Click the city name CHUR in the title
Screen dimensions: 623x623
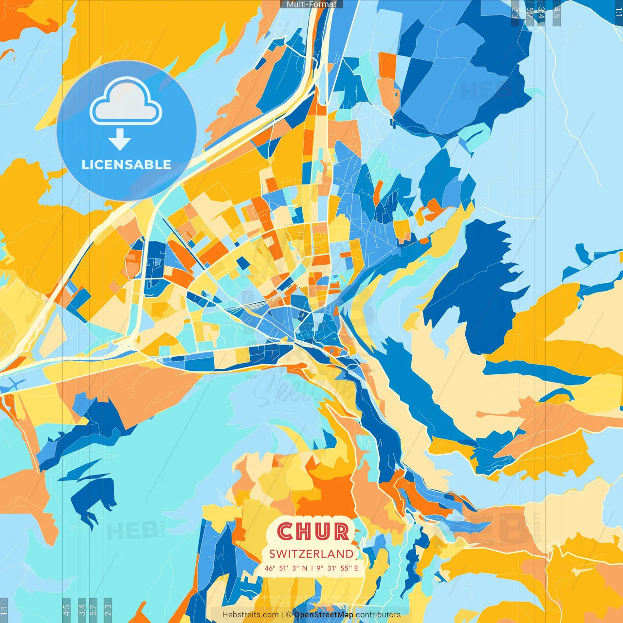pyautogui.click(x=313, y=531)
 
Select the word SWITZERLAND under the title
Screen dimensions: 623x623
pyautogui.click(x=311, y=554)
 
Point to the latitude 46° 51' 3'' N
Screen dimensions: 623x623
pyautogui.click(x=286, y=568)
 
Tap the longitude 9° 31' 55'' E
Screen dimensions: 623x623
pyautogui.click(x=337, y=568)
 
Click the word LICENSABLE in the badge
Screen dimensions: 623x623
pyautogui.click(x=126, y=165)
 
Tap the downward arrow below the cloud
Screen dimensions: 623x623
pyautogui.click(x=120, y=140)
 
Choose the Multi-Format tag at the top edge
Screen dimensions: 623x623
pyautogui.click(x=311, y=4)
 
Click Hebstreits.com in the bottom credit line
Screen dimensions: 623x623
pyautogui.click(x=250, y=615)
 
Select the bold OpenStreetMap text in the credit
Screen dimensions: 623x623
pyautogui.click(x=324, y=615)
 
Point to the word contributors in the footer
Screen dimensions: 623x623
pyautogui.click(x=378, y=615)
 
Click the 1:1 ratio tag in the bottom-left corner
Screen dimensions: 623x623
pyautogui.click(x=4, y=610)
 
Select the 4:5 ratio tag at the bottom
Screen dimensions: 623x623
pyautogui.click(x=66, y=610)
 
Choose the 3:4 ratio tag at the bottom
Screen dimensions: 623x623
pyautogui.click(x=82, y=610)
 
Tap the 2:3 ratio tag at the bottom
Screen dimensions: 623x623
pyautogui.click(x=108, y=610)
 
